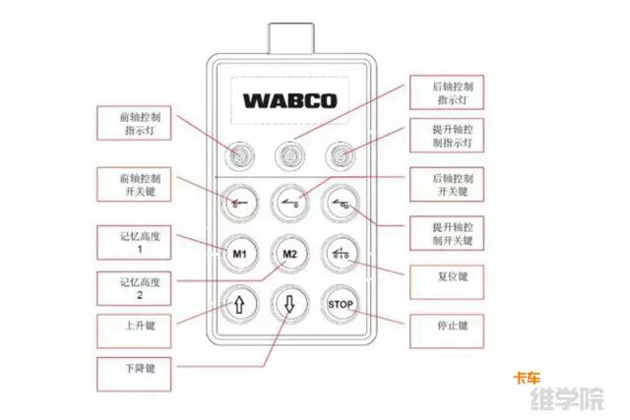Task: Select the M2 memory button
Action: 289,253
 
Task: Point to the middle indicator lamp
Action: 289,153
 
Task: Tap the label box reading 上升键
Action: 132,323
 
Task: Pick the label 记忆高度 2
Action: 132,287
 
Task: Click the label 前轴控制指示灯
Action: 133,122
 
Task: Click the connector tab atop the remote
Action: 290,38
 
